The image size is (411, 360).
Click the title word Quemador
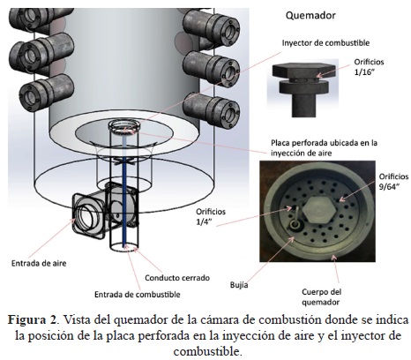coord(310,16)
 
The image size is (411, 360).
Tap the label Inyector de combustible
coord(325,43)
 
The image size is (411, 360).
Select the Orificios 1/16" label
coord(369,67)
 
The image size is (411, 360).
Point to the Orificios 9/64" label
coord(393,181)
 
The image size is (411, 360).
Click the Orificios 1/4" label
coord(211,216)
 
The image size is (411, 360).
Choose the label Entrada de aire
coord(39,263)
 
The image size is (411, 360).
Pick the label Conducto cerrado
coord(177,278)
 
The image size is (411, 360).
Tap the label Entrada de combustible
coord(138,295)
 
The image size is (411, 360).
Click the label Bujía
coord(239,285)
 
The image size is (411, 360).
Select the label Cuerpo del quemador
coord(321,297)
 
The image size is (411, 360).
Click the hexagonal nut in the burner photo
coord(319,209)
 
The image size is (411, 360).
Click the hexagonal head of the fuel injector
coord(303,71)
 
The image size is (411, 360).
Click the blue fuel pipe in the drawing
coord(124,191)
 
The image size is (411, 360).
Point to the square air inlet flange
coord(88,216)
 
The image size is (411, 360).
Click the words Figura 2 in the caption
coord(32,319)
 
